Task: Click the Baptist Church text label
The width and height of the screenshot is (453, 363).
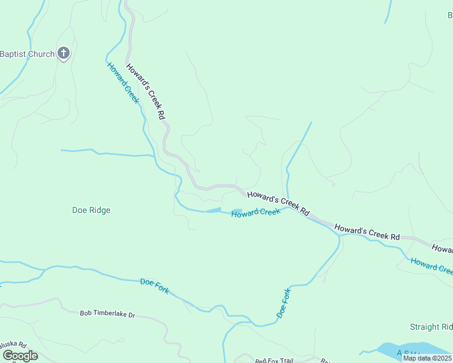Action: coord(27,54)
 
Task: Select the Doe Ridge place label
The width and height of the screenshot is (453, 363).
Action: coord(91,210)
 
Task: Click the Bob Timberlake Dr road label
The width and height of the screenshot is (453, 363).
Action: coord(107,314)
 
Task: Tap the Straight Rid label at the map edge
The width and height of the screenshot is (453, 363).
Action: coord(431,327)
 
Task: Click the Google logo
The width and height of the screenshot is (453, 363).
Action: coord(20,355)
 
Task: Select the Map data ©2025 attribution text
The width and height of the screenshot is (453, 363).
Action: coord(427,358)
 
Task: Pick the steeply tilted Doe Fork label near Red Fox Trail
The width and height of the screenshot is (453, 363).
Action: coord(284,303)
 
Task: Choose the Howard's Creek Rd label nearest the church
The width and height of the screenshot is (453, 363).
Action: coord(145,91)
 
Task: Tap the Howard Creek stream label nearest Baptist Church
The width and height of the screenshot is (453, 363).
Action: coord(123,83)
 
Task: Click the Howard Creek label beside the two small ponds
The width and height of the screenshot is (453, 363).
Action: coord(256,212)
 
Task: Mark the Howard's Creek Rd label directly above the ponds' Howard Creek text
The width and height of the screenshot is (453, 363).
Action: coord(279,203)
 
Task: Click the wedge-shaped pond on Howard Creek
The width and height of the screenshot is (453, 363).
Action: coord(213,210)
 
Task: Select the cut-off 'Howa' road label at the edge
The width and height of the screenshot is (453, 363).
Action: coord(442,248)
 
